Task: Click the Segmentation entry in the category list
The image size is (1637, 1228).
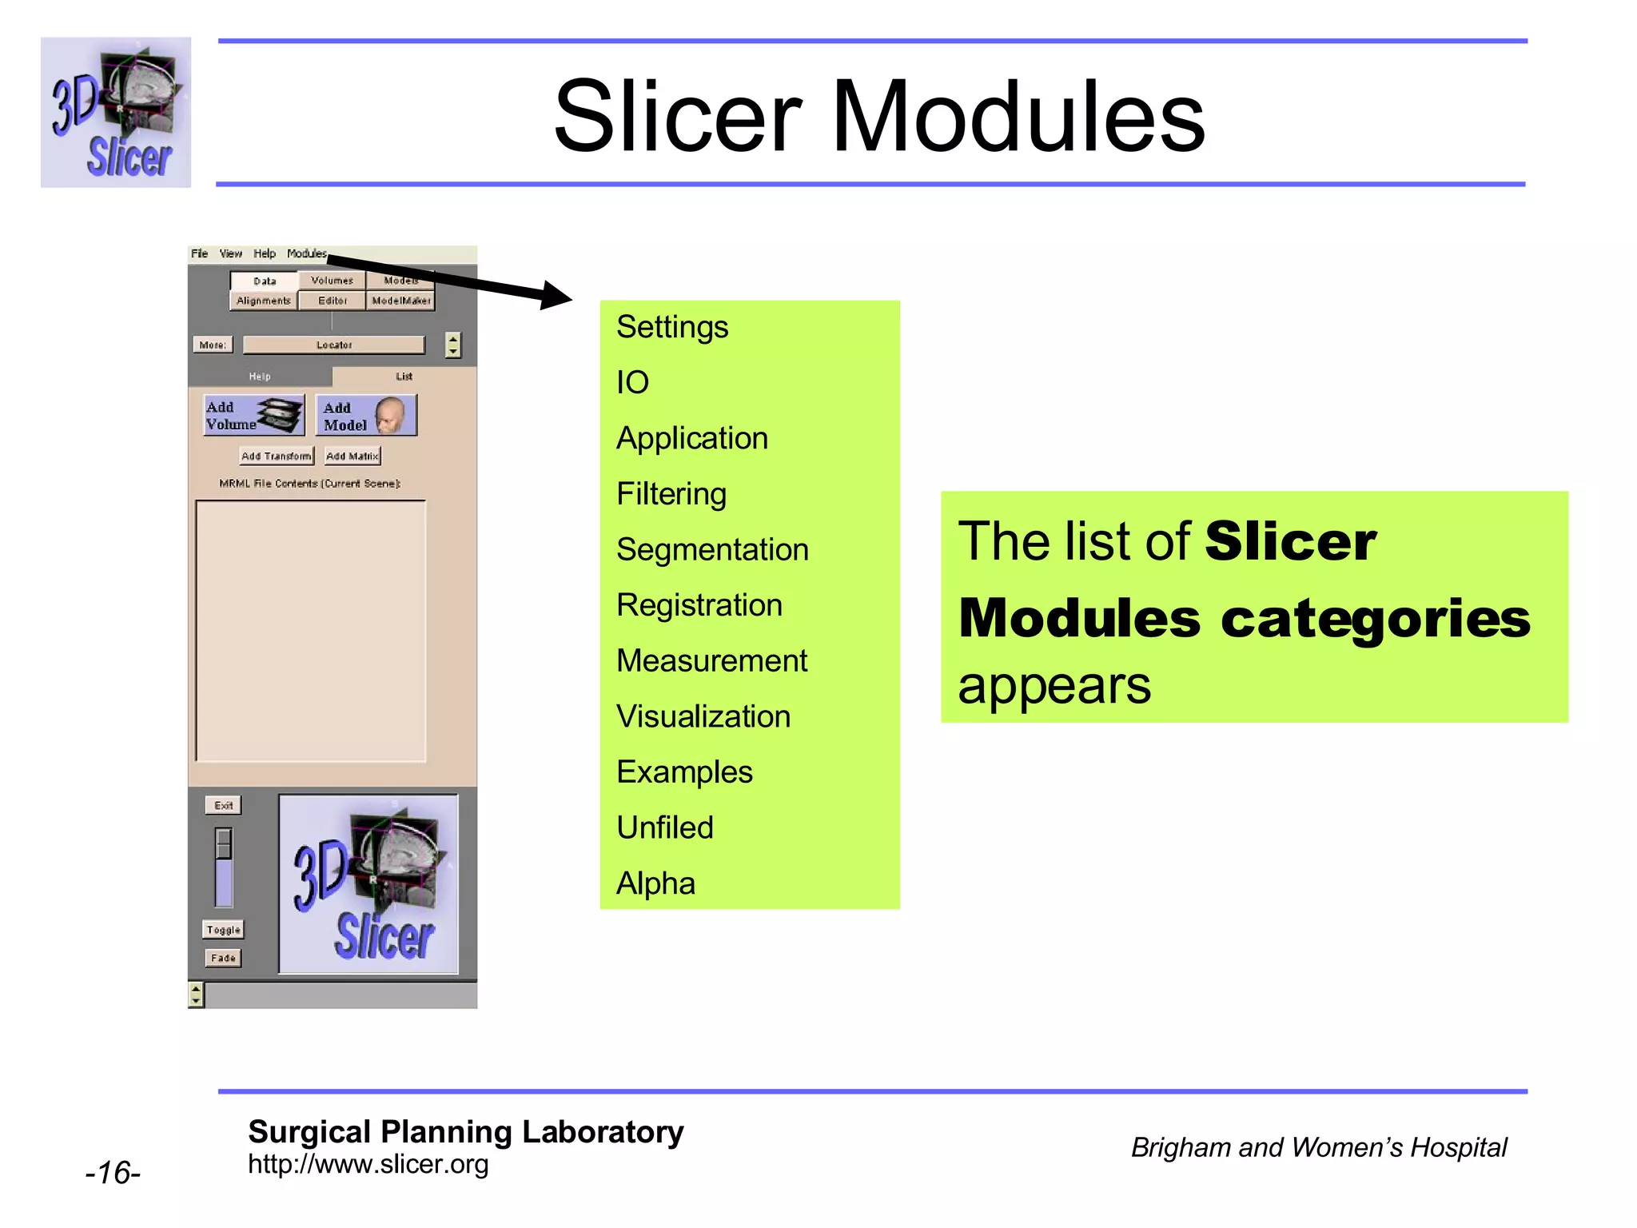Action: click(x=712, y=550)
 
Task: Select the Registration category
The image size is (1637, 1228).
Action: click(x=699, y=605)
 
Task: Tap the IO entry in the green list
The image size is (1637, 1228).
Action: click(x=632, y=383)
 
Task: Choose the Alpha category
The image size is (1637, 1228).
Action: click(x=655, y=883)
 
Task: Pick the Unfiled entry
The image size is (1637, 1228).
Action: click(x=664, y=827)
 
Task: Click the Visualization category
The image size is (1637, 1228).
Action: click(x=703, y=716)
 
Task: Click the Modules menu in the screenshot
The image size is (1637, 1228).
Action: click(x=306, y=253)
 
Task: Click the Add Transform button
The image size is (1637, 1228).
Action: click(x=277, y=456)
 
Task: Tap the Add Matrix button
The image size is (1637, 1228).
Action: click(x=352, y=456)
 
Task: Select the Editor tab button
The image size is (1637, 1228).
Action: click(x=333, y=301)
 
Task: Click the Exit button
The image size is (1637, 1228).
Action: click(x=223, y=805)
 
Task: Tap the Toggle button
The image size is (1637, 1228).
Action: click(x=223, y=930)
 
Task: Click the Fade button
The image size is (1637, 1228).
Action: click(x=223, y=958)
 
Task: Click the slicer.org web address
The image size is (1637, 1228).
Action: click(x=368, y=1165)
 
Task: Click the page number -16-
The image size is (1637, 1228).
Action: click(x=113, y=1173)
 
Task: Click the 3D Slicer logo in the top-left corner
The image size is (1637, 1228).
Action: click(x=116, y=113)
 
